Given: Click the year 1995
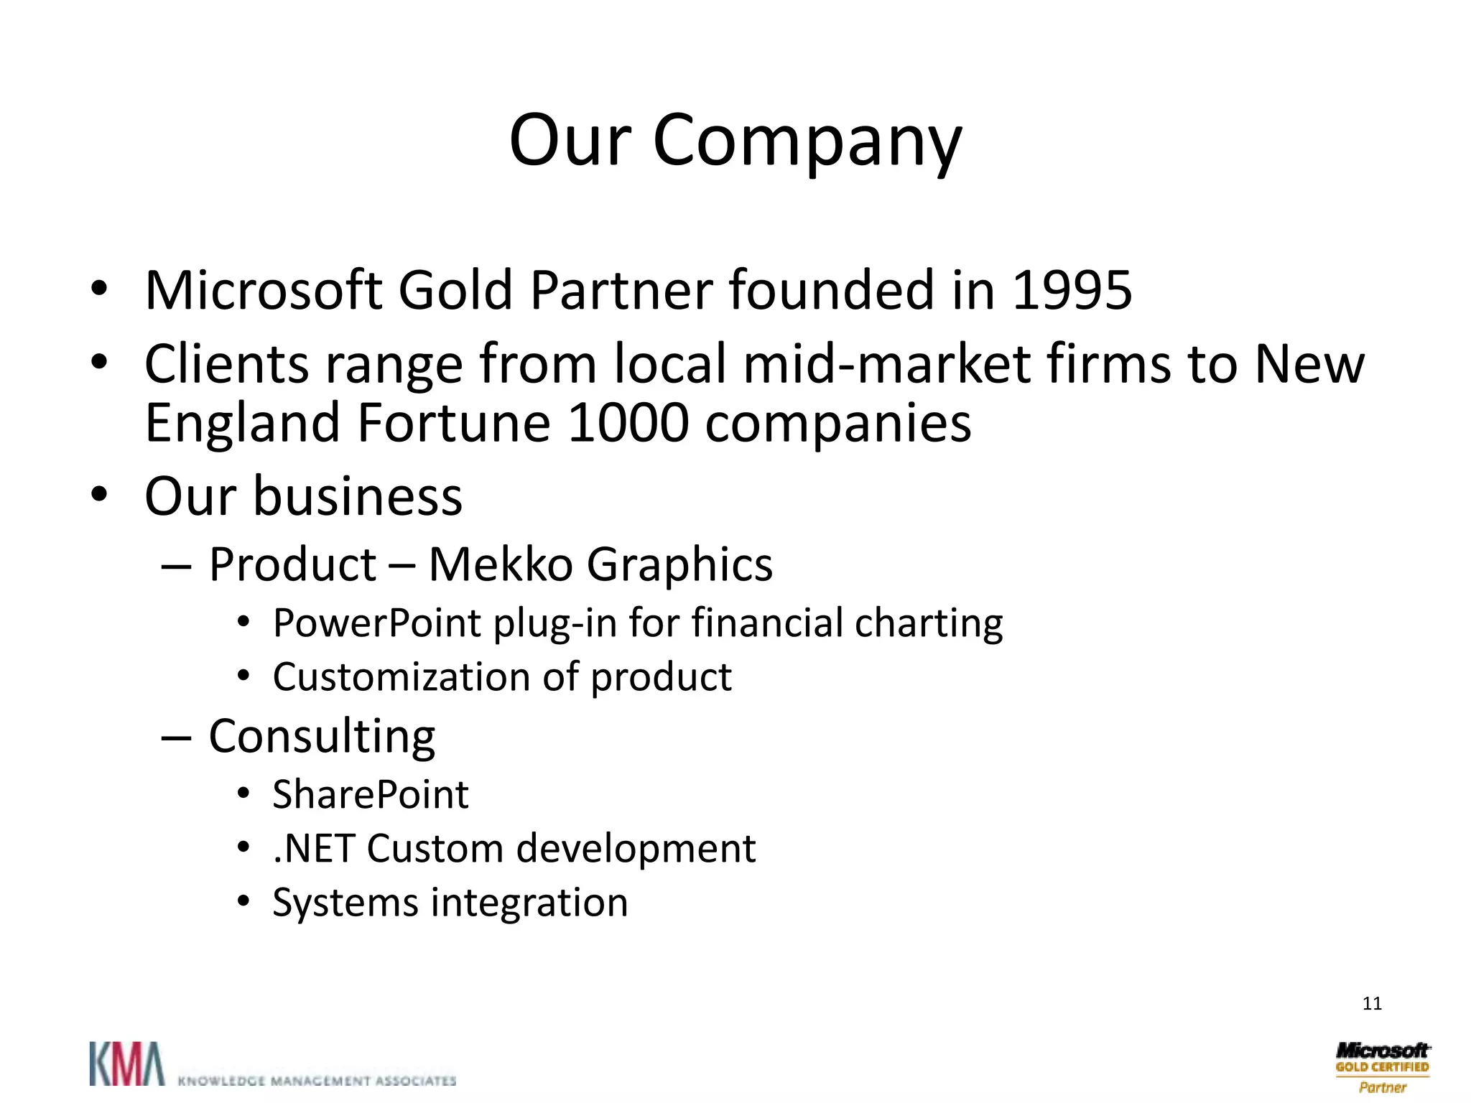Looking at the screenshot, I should pyautogui.click(x=1072, y=290).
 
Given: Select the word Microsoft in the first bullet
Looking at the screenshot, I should pyautogui.click(x=263, y=290).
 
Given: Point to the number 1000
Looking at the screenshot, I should pyautogui.click(x=628, y=423).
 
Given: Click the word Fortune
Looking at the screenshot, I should pyautogui.click(x=454, y=423).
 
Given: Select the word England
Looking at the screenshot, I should pyautogui.click(x=242, y=423).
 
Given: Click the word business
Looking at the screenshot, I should pyautogui.click(x=358, y=496).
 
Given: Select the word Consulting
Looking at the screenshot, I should pyautogui.click(x=322, y=737).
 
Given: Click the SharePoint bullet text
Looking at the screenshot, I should pyautogui.click(x=371, y=794).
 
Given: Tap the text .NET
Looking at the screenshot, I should pyautogui.click(x=314, y=848).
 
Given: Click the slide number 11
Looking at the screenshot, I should pyautogui.click(x=1372, y=1003).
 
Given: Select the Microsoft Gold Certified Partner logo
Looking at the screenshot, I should pyautogui.click(x=1382, y=1067).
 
